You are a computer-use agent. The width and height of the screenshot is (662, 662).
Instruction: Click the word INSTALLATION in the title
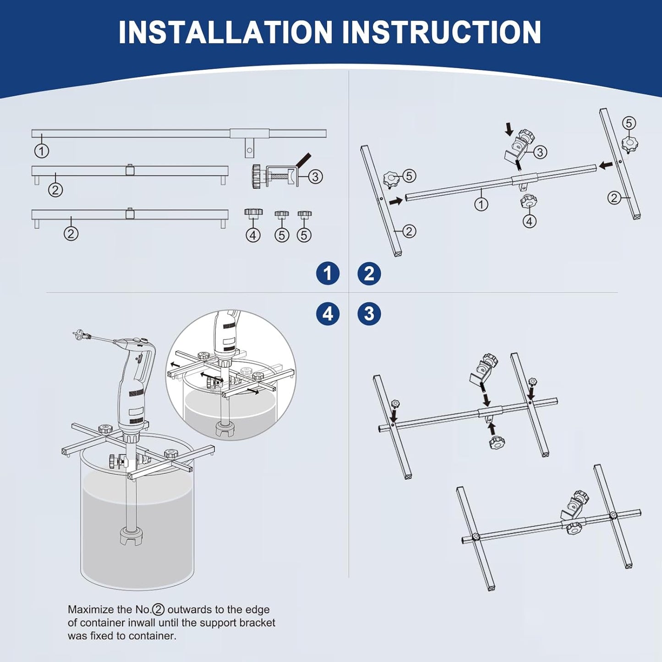pos(225,32)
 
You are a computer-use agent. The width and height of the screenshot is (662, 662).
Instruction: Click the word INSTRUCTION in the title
pos(442,32)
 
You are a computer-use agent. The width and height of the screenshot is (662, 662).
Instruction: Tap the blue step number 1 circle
pos(328,274)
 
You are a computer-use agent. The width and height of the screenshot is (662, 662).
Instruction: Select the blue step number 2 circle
pos(369,274)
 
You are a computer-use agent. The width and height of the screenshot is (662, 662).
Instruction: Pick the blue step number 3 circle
pos(369,314)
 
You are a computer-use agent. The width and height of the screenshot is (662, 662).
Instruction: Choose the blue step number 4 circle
pos(328,314)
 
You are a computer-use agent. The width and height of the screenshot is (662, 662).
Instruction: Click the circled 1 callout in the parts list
pos(42,151)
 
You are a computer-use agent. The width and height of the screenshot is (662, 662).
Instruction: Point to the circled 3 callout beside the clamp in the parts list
pos(315,176)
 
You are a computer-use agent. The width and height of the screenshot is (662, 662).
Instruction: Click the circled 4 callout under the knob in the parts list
pos(253,235)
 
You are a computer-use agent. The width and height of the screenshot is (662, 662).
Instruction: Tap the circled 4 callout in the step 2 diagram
pos(530,221)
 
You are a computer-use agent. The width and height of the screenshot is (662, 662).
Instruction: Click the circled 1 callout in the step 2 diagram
pos(481,204)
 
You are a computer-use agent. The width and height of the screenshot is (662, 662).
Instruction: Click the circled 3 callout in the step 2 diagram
pos(540,152)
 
